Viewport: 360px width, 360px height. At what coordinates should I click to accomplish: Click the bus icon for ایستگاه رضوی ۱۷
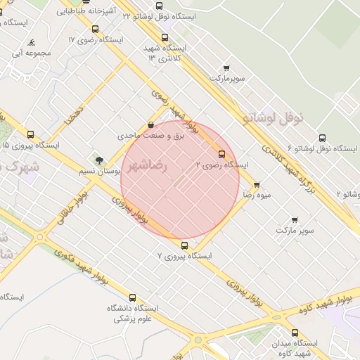coord(95,30)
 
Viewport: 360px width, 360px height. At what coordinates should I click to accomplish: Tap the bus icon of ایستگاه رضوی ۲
coord(222,153)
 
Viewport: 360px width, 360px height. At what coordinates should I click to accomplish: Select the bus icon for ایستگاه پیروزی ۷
coord(184,245)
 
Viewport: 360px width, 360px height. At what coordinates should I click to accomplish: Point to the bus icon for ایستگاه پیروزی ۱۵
coord(30,134)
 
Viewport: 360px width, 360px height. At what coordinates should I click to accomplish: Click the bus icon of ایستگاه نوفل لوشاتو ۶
coord(322,138)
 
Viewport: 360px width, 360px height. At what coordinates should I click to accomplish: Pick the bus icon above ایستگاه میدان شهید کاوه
coord(294,333)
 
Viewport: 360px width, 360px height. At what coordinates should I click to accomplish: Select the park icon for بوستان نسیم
coord(99,160)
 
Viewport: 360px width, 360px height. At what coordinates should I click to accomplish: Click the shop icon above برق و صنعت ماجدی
coord(150,125)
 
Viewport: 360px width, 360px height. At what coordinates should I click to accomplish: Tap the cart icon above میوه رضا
coord(256,185)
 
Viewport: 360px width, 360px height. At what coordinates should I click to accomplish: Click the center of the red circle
coord(180,180)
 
